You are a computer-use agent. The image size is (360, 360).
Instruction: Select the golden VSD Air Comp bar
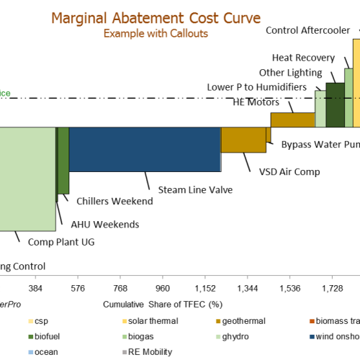(x=243, y=140)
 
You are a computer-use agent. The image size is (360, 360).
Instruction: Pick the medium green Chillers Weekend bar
(x=63, y=160)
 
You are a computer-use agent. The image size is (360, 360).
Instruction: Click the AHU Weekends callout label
(x=104, y=225)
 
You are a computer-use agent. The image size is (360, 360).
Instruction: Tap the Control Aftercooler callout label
(x=309, y=30)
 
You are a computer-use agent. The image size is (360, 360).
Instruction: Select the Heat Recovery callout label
(x=302, y=58)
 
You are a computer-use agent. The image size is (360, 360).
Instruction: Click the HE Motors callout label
(x=256, y=102)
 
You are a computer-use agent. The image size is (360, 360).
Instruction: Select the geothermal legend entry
(x=246, y=320)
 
